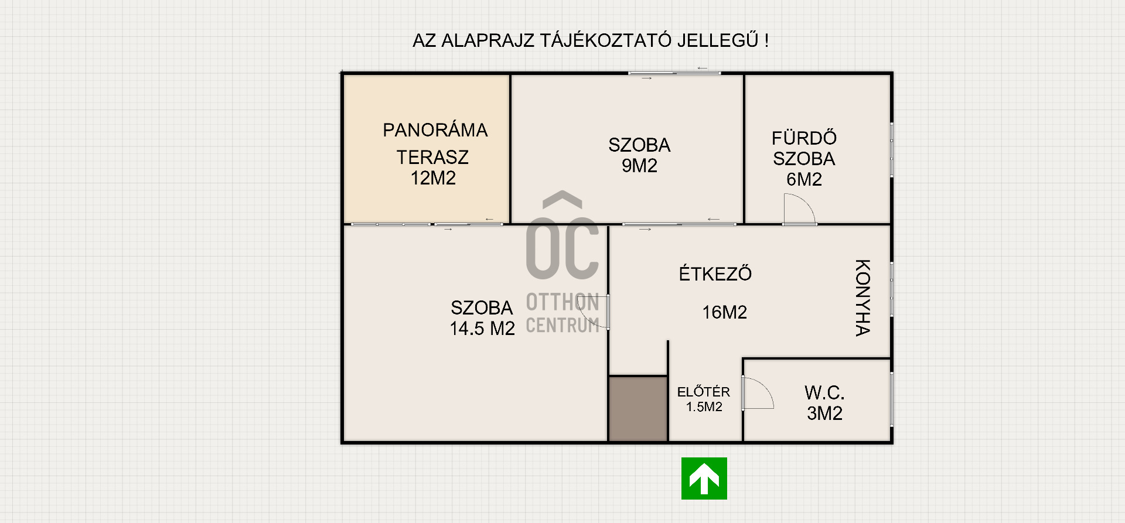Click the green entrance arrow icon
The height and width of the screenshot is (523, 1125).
click(x=704, y=478)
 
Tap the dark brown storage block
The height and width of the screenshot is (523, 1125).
click(x=638, y=408)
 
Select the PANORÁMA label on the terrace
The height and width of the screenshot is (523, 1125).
click(x=435, y=129)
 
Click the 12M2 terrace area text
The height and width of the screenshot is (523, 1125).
click(x=433, y=178)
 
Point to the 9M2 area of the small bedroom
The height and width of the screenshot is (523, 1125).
click(x=639, y=166)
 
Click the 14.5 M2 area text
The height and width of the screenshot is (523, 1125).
click(x=482, y=329)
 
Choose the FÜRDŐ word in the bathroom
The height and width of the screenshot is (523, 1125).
click(x=804, y=138)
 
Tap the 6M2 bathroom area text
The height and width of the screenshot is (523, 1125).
click(x=804, y=179)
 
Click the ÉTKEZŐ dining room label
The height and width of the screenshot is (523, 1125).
click(x=715, y=274)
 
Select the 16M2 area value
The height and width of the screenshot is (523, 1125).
click(x=725, y=312)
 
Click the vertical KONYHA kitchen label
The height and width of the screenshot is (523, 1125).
click(x=862, y=298)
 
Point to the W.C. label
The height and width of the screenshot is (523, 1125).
click(x=824, y=392)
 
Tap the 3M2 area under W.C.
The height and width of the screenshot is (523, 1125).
click(x=824, y=413)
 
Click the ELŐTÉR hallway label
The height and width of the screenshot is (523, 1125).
click(x=704, y=391)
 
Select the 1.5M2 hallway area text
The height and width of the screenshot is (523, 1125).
click(x=704, y=407)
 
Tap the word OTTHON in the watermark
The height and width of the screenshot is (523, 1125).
click(x=562, y=302)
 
